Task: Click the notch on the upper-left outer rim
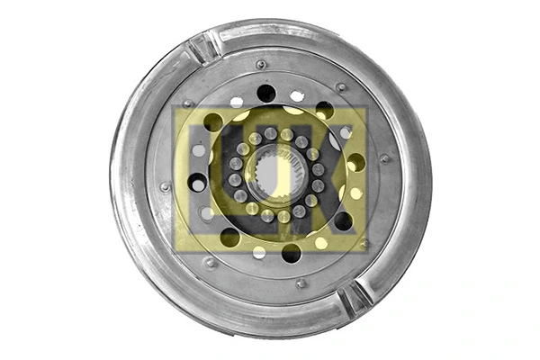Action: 203,47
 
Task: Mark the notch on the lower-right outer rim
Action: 355,297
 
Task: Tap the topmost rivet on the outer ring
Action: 261,65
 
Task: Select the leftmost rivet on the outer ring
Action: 165,186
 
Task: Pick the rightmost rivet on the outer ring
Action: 385,158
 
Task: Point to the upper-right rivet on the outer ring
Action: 341,87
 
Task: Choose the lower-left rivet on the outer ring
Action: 210,262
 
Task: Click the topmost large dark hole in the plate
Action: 266,92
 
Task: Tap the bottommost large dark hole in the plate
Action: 291,253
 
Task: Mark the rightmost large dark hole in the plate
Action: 356,162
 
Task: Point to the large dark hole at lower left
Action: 230,237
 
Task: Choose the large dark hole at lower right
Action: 343,220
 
